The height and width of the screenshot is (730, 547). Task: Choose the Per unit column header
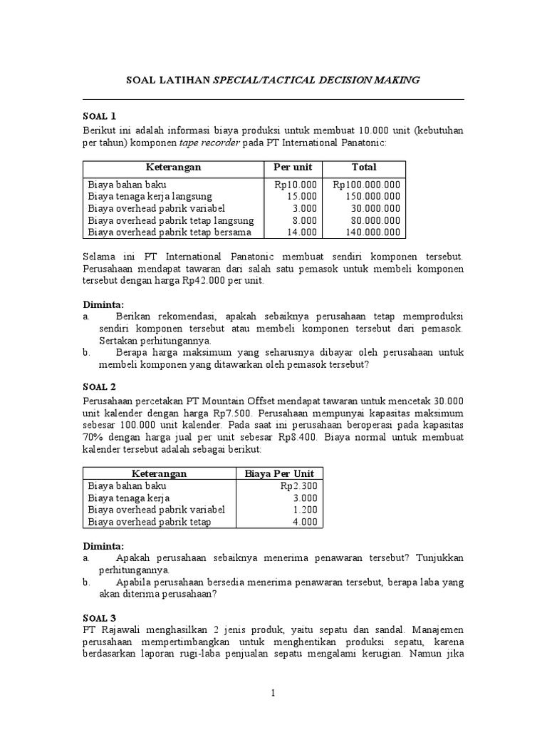click(x=293, y=168)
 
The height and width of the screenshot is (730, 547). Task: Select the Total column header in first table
click(x=364, y=168)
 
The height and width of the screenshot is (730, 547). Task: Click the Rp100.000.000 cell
click(x=366, y=185)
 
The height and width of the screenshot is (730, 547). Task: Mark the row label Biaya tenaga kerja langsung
click(x=150, y=196)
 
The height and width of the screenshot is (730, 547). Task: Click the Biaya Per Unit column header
click(x=278, y=473)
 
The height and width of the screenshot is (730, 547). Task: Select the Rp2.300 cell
click(x=298, y=486)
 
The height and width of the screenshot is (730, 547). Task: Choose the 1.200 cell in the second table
click(x=304, y=510)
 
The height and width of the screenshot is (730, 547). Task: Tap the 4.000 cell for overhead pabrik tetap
click(x=304, y=522)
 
